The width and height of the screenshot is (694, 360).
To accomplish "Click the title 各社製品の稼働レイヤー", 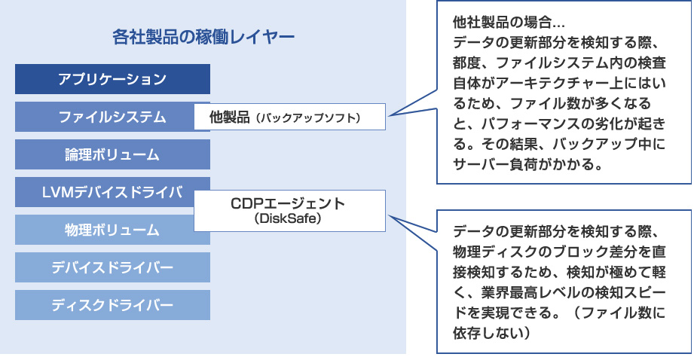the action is pyautogui.click(x=203, y=37).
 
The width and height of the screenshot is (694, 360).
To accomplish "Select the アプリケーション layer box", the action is pyautogui.click(x=112, y=79).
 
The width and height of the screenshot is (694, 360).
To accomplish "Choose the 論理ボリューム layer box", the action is pyautogui.click(x=112, y=154).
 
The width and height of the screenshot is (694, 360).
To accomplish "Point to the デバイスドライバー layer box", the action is pyautogui.click(x=112, y=267).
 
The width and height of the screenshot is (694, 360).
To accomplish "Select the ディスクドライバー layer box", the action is pyautogui.click(x=112, y=305).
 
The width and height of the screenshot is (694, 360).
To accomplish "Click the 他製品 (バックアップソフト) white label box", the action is pyautogui.click(x=289, y=117).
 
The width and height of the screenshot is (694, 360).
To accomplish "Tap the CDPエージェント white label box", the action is pyautogui.click(x=289, y=211).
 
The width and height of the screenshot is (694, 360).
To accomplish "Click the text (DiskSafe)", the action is pyautogui.click(x=288, y=218).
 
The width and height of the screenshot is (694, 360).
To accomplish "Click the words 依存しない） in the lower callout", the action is pyautogui.click(x=492, y=333).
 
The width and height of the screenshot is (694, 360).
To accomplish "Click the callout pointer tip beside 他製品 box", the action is pyautogui.click(x=390, y=116).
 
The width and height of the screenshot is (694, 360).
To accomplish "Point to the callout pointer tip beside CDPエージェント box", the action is pyautogui.click(x=390, y=217).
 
